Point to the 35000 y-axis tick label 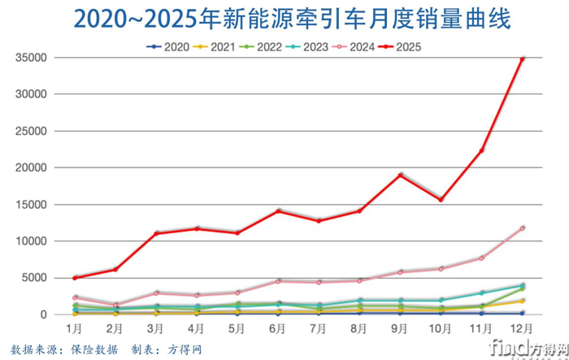[x=30, y=58]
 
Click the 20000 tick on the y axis [x=30, y=168]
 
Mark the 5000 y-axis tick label [x=33, y=278]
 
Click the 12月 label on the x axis [x=521, y=329]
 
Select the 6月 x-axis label [x=277, y=329]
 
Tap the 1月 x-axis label [x=74, y=329]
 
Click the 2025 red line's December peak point [x=522, y=59]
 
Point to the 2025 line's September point [x=400, y=175]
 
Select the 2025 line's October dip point [x=441, y=200]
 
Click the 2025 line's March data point [x=155, y=233]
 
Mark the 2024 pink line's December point [x=522, y=228]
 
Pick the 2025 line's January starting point [x=75, y=278]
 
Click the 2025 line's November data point [x=481, y=151]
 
